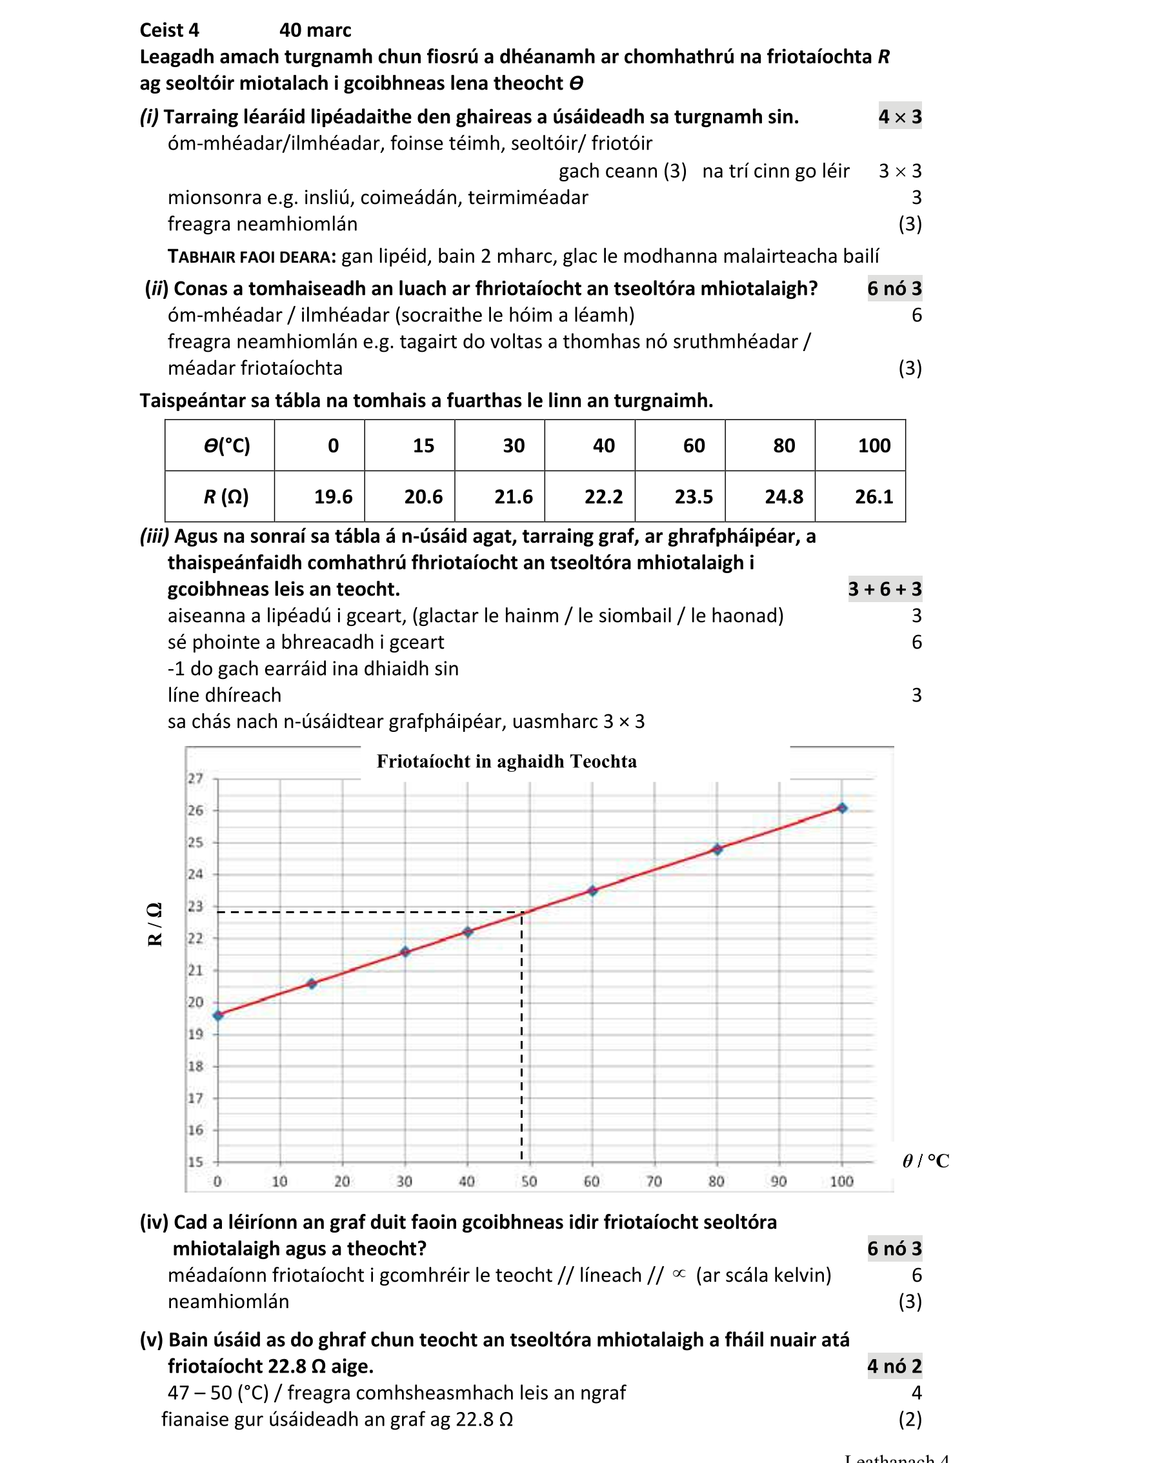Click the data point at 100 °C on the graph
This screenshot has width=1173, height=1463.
click(x=841, y=808)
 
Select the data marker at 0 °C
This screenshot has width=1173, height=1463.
click(x=218, y=1015)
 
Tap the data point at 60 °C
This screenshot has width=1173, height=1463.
click(x=592, y=891)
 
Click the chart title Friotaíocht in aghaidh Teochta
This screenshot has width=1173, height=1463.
click(x=506, y=762)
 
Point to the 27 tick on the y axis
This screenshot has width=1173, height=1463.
click(x=195, y=778)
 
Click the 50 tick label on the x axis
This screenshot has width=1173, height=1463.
click(x=529, y=1182)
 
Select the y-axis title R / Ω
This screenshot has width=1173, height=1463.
click(x=155, y=924)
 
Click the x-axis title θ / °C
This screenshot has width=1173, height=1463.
click(x=925, y=1161)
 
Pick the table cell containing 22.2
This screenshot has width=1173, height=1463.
click(x=603, y=497)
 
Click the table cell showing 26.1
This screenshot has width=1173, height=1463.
click(x=873, y=497)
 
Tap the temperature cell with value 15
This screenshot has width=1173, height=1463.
click(x=423, y=446)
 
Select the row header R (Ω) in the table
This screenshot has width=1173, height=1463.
click(x=226, y=497)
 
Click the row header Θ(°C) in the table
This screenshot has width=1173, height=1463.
click(x=226, y=446)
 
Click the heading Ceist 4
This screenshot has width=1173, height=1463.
click(x=169, y=30)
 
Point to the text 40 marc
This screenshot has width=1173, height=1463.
click(x=315, y=30)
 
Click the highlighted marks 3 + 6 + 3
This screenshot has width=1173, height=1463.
click(x=884, y=589)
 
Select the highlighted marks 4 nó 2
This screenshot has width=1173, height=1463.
click(x=894, y=1366)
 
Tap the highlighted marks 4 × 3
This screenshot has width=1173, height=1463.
click(x=899, y=117)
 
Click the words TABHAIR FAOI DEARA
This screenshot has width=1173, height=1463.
click(x=252, y=256)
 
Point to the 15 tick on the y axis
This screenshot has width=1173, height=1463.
click(x=195, y=1162)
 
